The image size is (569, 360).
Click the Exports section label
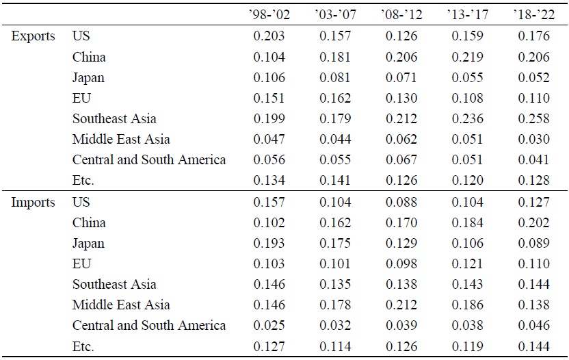click(x=33, y=36)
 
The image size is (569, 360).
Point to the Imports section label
click(x=33, y=203)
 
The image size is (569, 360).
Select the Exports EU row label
click(x=81, y=98)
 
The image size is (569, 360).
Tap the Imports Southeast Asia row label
click(x=114, y=285)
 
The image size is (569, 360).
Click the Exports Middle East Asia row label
click(x=121, y=139)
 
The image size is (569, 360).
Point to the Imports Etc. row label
click(x=83, y=346)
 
